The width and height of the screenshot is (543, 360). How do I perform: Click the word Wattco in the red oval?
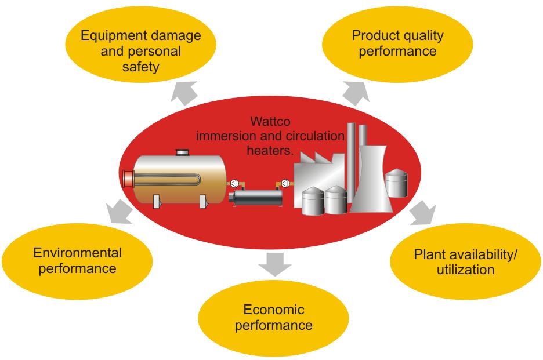pyautogui.click(x=269, y=123)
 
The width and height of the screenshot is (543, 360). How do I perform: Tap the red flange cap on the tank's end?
pyautogui.click(x=124, y=177)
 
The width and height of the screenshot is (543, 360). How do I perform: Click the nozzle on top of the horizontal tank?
pyautogui.click(x=183, y=152)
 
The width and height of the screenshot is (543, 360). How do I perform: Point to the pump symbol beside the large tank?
pyautogui.click(x=236, y=182)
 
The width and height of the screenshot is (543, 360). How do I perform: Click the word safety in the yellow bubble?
pyautogui.click(x=141, y=67)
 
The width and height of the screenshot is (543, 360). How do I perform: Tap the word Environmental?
pyautogui.click(x=77, y=253)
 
